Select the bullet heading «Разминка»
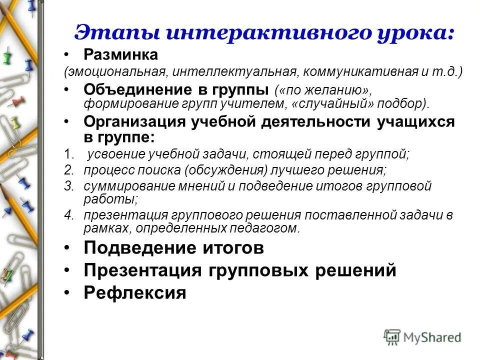[x=120, y=54]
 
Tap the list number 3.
[x=68, y=186]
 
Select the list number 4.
[x=68, y=216]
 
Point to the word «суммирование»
[x=121, y=186]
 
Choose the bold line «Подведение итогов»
[x=173, y=247]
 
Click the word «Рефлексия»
[x=135, y=292]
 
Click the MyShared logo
[x=423, y=336]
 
